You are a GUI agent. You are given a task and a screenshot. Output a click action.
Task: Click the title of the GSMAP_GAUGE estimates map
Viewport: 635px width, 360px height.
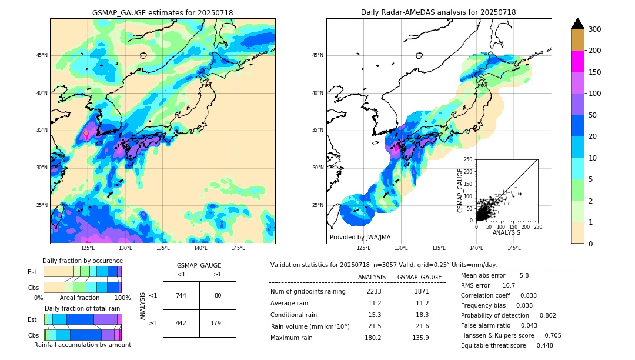point(162,12)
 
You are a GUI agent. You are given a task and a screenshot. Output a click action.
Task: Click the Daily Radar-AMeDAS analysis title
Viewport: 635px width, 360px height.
point(439,12)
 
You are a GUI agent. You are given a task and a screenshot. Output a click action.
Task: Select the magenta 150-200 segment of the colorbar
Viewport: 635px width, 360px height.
point(577,61)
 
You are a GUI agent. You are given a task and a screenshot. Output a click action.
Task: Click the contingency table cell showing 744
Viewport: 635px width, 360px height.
point(181,295)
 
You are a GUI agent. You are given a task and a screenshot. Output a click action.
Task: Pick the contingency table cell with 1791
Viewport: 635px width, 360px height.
point(218,323)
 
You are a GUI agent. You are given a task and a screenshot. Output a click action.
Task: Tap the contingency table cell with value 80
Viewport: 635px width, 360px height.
point(218,295)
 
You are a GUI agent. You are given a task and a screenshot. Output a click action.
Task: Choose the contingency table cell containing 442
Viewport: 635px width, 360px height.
point(181,323)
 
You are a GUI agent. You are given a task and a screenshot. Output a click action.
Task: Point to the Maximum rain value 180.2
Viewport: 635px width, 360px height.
point(374,338)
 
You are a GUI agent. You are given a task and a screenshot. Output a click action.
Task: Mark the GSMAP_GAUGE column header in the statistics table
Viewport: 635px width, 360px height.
point(419,277)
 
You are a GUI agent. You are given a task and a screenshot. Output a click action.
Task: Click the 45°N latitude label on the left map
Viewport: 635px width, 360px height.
point(41,55)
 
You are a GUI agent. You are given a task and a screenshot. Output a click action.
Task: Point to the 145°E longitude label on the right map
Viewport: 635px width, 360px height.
point(514,248)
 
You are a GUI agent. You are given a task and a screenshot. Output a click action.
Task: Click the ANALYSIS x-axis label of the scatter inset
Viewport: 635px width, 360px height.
point(506,232)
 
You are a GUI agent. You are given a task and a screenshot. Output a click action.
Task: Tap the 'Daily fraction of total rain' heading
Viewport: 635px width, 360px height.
point(82,308)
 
